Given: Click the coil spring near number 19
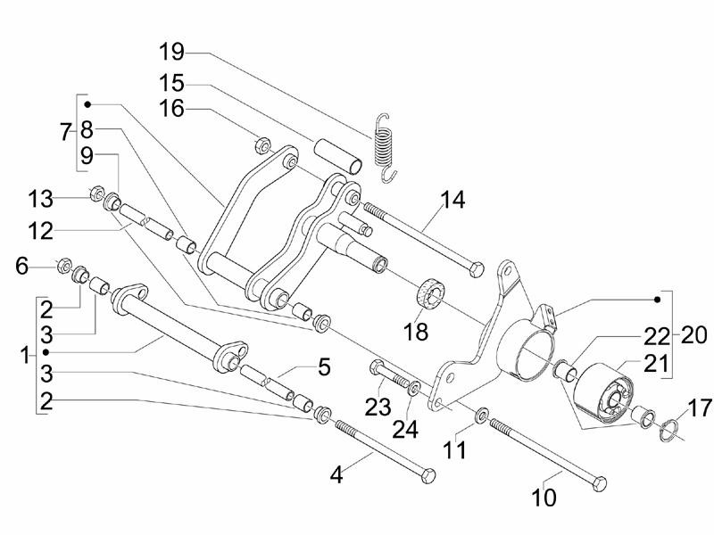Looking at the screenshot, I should coord(385,147).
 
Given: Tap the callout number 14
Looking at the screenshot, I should coord(452,200).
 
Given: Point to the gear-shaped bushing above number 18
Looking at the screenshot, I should coord(433,292).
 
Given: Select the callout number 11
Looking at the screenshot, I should coord(456,451).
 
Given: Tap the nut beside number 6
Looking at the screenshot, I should coord(62,265).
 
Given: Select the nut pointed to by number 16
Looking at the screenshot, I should coord(262,144).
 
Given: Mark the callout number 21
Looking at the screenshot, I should coord(655,363).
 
